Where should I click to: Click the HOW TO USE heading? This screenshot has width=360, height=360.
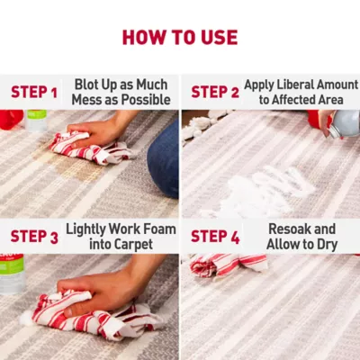(180, 38)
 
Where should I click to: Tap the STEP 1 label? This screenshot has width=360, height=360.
(34, 92)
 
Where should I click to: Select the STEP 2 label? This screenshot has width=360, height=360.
(215, 92)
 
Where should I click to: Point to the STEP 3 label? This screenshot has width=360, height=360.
(34, 237)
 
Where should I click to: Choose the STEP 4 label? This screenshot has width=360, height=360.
(215, 237)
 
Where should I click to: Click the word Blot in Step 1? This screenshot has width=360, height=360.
(86, 85)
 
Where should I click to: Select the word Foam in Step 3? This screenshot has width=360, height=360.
(159, 229)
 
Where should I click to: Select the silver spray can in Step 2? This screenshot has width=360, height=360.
(344, 124)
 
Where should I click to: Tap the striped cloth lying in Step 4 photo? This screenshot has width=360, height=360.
(228, 264)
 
